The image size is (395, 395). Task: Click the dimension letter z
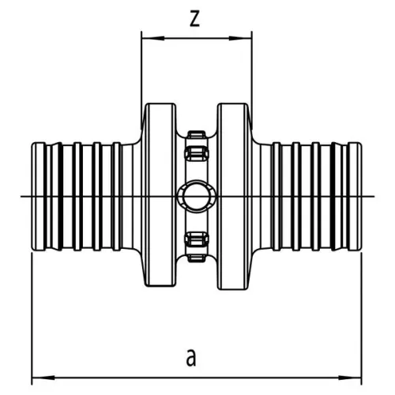pyautogui.click(x=194, y=19)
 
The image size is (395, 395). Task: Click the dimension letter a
pyautogui.click(x=191, y=357)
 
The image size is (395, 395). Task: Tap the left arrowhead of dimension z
pyautogui.click(x=153, y=39)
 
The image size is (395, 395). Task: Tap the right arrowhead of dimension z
pyautogui.click(x=240, y=39)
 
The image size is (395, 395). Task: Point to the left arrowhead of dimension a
pyautogui.click(x=43, y=378)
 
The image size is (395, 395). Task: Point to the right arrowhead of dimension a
pyautogui.click(x=350, y=378)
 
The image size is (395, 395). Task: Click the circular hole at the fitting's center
pyautogui.click(x=196, y=197)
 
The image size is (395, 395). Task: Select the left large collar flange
pyautogui.click(x=160, y=195)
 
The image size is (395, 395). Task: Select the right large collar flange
pyautogui.click(x=233, y=196)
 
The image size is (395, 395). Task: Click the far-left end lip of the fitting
pyautogui.click(x=39, y=196)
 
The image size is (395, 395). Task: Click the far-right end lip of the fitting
pyautogui.click(x=355, y=196)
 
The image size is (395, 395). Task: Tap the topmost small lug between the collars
pyautogui.click(x=197, y=134)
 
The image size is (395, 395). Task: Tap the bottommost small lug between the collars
pyautogui.click(x=197, y=258)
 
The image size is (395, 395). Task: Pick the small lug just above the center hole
pyautogui.click(x=197, y=153)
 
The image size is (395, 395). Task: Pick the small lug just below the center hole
pyautogui.click(x=197, y=239)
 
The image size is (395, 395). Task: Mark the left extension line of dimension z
pyautogui.click(x=141, y=81)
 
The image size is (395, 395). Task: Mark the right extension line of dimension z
pyautogui.click(x=252, y=81)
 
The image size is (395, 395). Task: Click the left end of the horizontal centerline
pyautogui.click(x=21, y=197)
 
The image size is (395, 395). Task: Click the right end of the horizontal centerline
pyautogui.click(x=374, y=197)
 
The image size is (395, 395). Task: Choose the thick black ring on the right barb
pyautogui.click(x=333, y=196)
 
